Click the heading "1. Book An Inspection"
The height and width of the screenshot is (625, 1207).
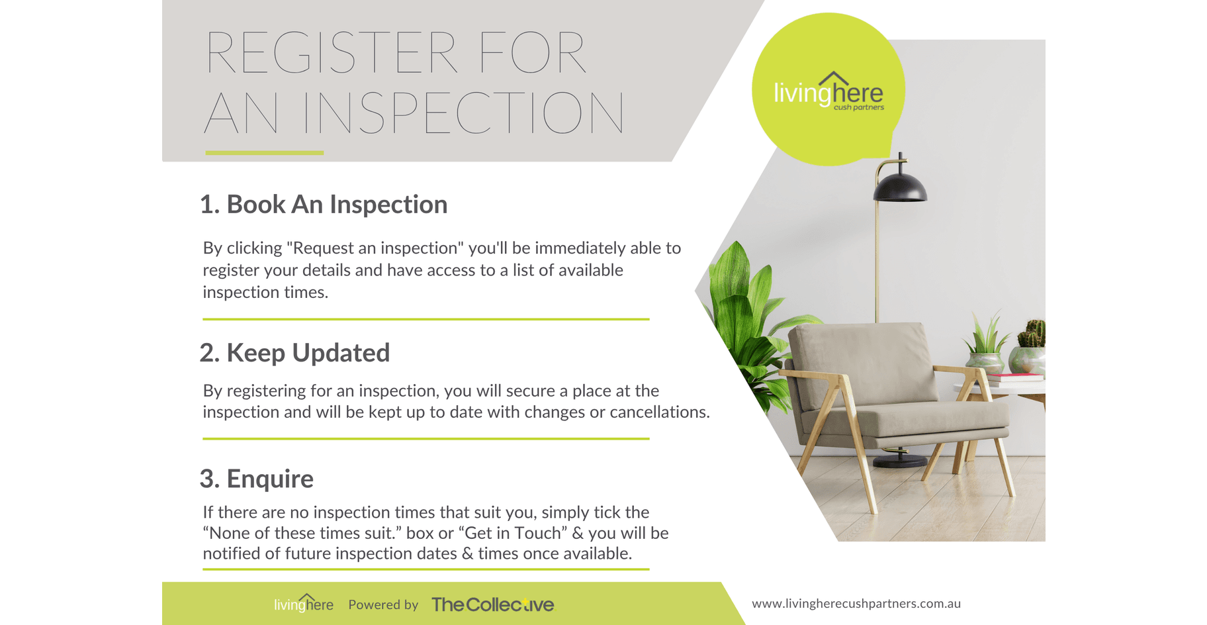click(x=324, y=205)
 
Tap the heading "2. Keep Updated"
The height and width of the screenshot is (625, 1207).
click(x=294, y=353)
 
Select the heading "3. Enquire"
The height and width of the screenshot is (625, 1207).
click(x=257, y=479)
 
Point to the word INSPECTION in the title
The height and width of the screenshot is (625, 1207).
click(x=463, y=113)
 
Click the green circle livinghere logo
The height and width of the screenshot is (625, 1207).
click(x=828, y=89)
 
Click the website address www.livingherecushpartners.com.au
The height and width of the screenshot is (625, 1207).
click(x=856, y=604)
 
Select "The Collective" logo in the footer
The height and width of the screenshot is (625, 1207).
click(x=493, y=604)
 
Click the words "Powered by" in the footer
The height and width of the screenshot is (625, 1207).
click(x=383, y=604)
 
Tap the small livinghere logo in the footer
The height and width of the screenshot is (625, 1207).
click(x=304, y=603)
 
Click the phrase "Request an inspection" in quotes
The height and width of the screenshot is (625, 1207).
click(x=376, y=248)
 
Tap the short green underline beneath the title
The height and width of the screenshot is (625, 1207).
click(x=265, y=153)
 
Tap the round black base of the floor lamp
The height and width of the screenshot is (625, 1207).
click(x=900, y=460)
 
